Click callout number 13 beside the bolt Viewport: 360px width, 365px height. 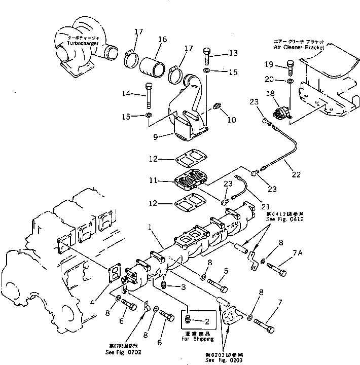(232, 53)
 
